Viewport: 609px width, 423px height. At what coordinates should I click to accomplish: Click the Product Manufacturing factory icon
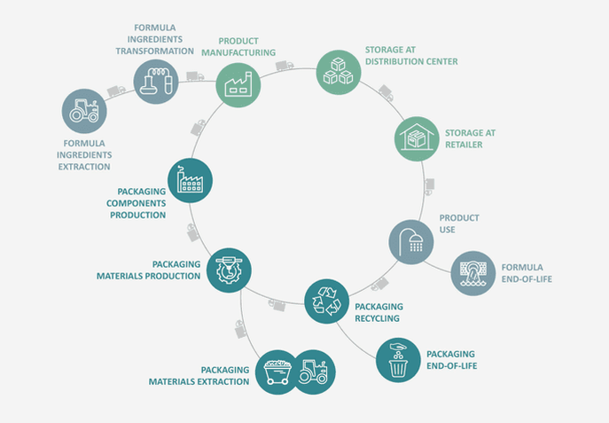[238, 85]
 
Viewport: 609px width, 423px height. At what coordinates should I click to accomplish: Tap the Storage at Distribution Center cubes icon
[339, 72]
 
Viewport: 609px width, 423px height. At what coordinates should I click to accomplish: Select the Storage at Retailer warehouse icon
[417, 138]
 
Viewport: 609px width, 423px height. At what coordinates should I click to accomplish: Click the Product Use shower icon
[411, 242]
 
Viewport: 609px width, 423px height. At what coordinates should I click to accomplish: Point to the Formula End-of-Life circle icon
[473, 273]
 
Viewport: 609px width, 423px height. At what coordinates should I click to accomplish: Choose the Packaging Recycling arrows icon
[326, 301]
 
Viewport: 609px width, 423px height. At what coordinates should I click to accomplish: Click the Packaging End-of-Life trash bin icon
[398, 360]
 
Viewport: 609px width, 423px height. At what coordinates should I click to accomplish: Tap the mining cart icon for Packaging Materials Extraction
[277, 372]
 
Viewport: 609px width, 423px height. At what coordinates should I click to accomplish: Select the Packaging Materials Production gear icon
[229, 270]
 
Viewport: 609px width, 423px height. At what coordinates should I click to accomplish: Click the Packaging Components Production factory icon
[190, 180]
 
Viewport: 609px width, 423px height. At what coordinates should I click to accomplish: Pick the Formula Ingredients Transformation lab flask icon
[156, 82]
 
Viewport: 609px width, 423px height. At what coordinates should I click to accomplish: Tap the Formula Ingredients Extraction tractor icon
[84, 111]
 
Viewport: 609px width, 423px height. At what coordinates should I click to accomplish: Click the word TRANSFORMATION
[154, 51]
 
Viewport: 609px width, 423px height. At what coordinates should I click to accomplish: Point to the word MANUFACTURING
[238, 52]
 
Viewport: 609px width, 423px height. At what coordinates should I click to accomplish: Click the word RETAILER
[464, 145]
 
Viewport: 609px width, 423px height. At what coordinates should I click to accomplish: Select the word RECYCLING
[377, 318]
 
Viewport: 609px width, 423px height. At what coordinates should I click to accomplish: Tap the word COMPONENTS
[136, 203]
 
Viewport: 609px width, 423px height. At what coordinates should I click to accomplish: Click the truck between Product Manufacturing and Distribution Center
[285, 66]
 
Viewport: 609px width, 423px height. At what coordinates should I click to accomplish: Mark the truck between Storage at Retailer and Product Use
[429, 186]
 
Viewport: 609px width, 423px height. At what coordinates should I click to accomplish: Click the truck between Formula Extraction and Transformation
[116, 90]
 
